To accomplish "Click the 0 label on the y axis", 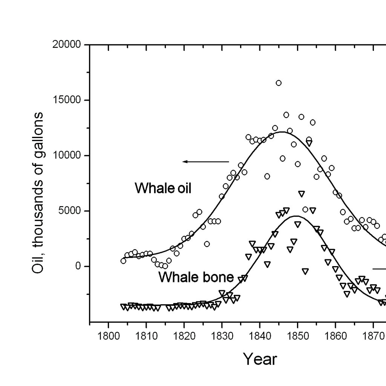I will click(x=78, y=266).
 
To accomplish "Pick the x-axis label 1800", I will click(x=109, y=336).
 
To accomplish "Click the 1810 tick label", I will click(x=146, y=336).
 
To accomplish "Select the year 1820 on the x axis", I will click(x=184, y=336).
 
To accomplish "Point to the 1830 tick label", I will click(x=222, y=336).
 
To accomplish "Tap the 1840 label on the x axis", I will click(x=260, y=336).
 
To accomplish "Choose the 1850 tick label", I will click(x=298, y=336).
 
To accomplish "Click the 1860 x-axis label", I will click(x=335, y=336).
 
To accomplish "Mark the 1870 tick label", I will click(x=373, y=336).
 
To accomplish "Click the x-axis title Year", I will click(x=260, y=359).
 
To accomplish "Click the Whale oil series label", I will click(x=163, y=188).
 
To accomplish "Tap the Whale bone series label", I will click(x=196, y=277).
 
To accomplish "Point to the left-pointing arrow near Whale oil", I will click(x=205, y=162).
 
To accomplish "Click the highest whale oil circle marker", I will click(x=279, y=83).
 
